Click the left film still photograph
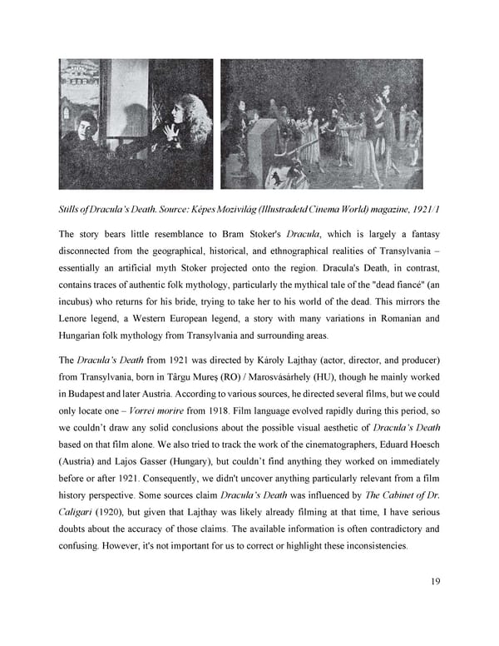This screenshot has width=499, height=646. [x=136, y=123]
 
